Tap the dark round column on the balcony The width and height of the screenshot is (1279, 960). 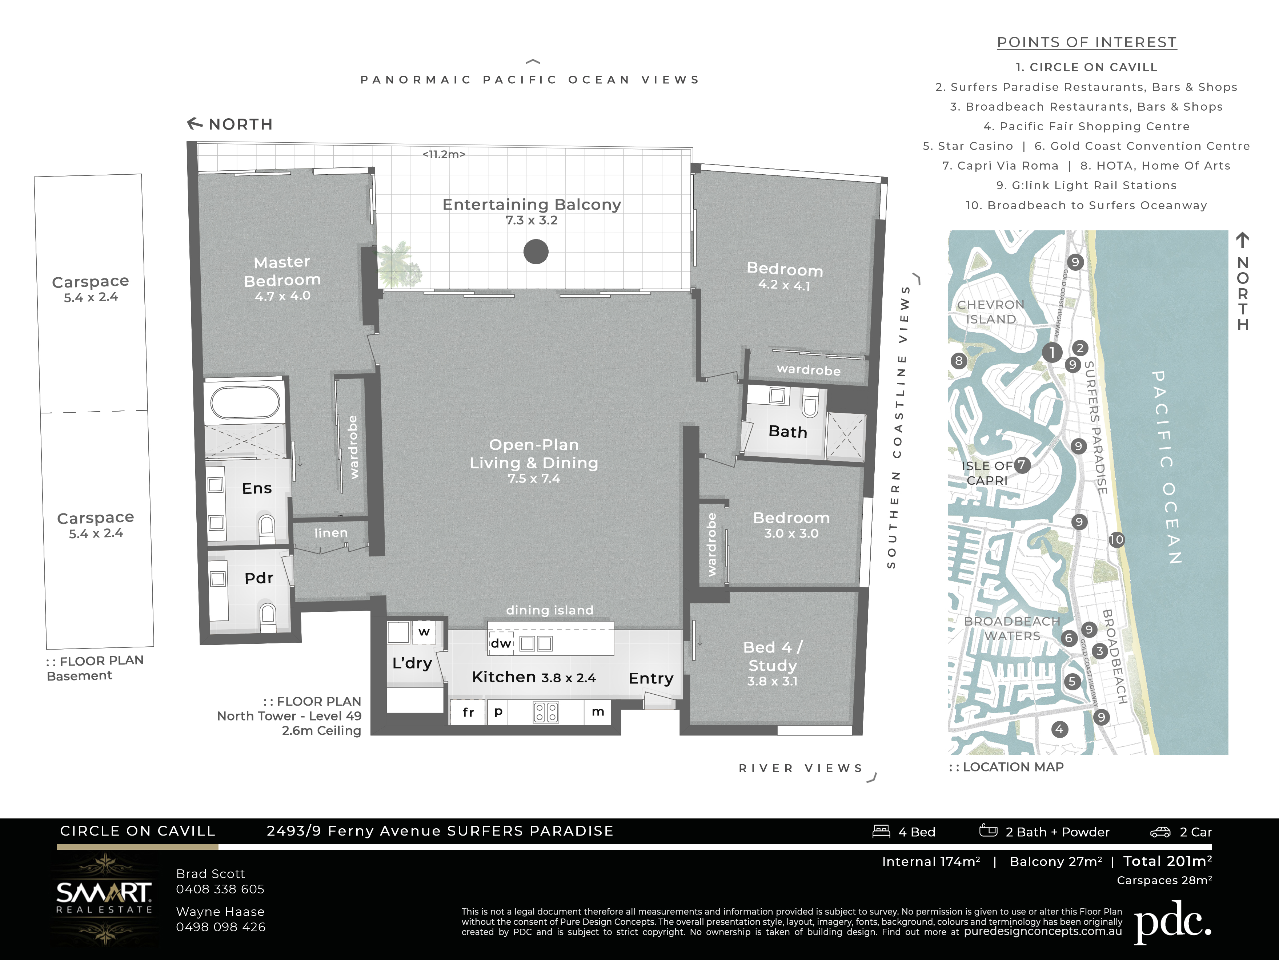coord(536,252)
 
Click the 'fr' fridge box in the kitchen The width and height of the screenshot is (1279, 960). coord(468,712)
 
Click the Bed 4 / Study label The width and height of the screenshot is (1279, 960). coord(773,656)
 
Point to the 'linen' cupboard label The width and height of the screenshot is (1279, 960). coord(331,533)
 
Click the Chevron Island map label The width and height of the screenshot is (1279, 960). coord(990,312)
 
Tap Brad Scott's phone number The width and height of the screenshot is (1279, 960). coord(220,889)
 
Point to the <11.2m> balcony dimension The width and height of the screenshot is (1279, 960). coord(444,154)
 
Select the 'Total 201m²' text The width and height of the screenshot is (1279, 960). coord(1167,861)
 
